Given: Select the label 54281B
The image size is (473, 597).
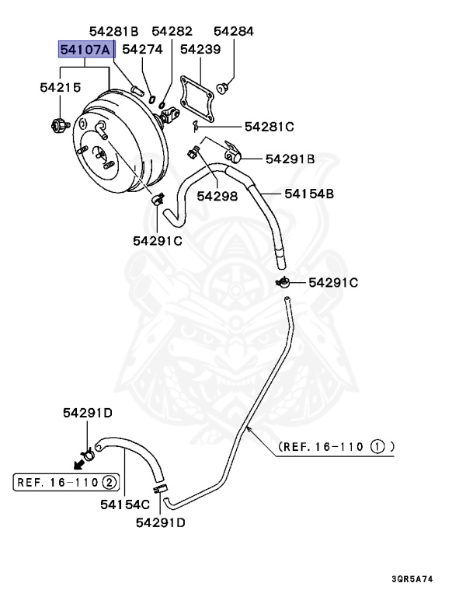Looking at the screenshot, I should (x=113, y=32).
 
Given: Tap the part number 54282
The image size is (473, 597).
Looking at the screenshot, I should (x=172, y=32).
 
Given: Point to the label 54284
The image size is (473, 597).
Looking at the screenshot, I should (x=234, y=32).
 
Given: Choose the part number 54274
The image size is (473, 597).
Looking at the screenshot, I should (x=141, y=50).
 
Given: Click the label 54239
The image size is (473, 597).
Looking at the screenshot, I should (x=200, y=50).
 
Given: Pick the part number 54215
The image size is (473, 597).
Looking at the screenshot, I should (x=61, y=89).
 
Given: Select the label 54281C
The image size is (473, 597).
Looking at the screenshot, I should (x=270, y=126).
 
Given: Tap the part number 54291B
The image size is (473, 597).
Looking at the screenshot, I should (x=290, y=159).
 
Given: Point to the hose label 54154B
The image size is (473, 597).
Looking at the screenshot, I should (x=308, y=193).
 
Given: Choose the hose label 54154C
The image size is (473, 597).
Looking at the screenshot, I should (x=124, y=504).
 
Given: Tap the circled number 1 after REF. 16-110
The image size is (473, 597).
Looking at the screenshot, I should (x=377, y=447).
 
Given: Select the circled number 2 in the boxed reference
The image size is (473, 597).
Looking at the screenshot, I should (x=110, y=483).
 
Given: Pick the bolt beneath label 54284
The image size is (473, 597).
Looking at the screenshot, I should (x=223, y=84).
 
